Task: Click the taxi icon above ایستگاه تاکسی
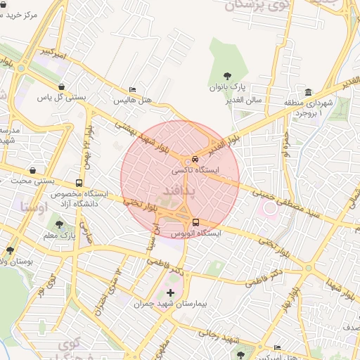click(196, 160)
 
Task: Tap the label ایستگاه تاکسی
click(197, 170)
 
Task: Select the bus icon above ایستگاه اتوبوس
click(195, 223)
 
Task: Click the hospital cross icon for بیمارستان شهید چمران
click(170, 292)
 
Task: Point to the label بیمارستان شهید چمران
click(172, 304)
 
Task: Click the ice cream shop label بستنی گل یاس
click(61, 96)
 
